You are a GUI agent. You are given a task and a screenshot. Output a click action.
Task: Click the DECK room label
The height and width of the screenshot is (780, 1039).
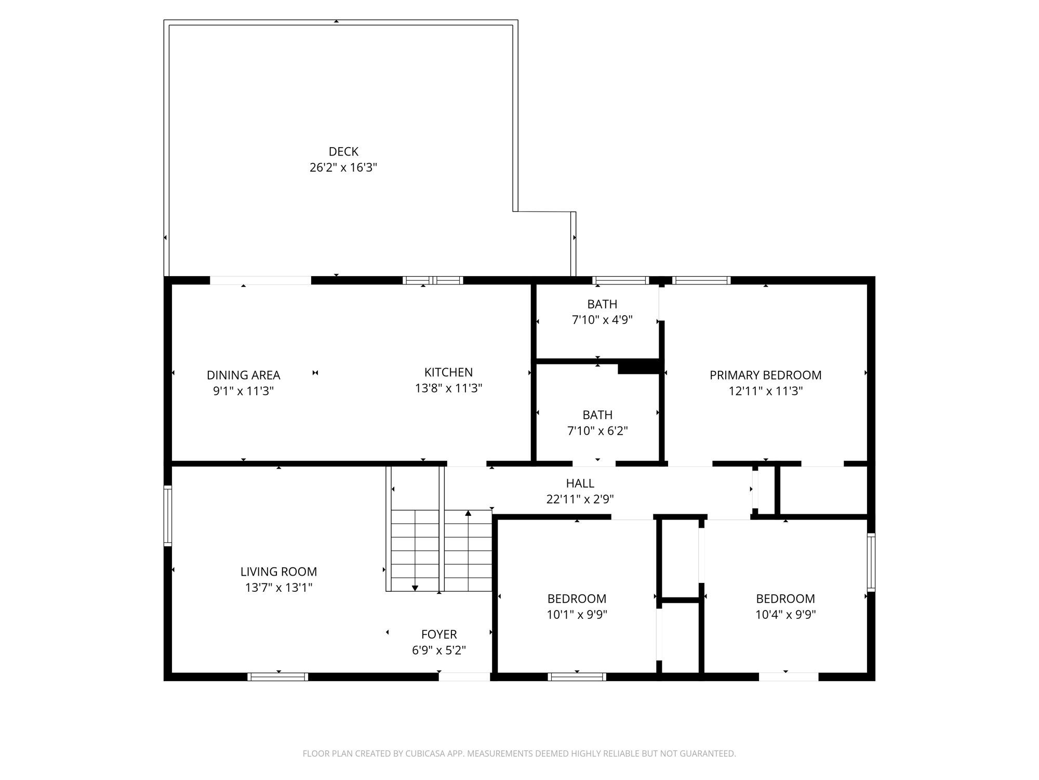pyautogui.click(x=343, y=151)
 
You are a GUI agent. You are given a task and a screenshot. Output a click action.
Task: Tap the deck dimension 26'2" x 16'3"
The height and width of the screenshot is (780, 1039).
pyautogui.click(x=343, y=167)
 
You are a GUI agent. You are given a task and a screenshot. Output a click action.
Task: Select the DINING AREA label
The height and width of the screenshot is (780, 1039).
pyautogui.click(x=243, y=375)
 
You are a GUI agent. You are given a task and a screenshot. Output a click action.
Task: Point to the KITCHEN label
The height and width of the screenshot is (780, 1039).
pyautogui.click(x=448, y=372)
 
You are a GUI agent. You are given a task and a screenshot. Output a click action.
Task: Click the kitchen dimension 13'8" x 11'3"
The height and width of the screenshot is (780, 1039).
pyautogui.click(x=448, y=388)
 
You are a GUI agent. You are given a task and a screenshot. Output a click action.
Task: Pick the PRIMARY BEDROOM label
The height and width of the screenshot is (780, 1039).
pyautogui.click(x=766, y=375)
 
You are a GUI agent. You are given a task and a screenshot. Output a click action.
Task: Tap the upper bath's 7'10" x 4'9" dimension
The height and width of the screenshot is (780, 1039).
pyautogui.click(x=602, y=320)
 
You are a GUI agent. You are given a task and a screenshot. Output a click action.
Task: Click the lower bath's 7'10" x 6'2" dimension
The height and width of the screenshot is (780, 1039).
pyautogui.click(x=597, y=431)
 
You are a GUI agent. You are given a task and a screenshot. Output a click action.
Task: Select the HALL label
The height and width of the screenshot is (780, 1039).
pyautogui.click(x=580, y=483)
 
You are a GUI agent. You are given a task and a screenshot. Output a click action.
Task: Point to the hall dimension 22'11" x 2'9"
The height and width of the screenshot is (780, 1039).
pyautogui.click(x=580, y=499)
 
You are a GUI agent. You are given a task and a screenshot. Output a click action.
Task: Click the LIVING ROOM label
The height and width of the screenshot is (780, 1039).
pyautogui.click(x=278, y=571)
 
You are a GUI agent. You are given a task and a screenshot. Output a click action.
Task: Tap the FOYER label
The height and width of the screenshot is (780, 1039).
pyautogui.click(x=439, y=634)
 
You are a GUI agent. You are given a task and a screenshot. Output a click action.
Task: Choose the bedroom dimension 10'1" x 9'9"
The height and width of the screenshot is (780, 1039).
pyautogui.click(x=577, y=615)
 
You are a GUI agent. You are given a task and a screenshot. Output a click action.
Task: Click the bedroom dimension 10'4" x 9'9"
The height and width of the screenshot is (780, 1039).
pyautogui.click(x=785, y=615)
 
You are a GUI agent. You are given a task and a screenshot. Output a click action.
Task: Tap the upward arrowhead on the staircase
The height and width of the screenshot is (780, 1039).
pyautogui.click(x=468, y=513)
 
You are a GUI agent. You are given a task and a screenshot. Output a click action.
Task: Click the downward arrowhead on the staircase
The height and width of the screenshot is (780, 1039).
pyautogui.click(x=415, y=588)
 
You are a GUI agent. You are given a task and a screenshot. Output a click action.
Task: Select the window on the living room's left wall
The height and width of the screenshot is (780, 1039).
pyautogui.click(x=168, y=516)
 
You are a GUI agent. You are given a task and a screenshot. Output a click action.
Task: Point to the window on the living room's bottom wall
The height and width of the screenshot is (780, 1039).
pyautogui.click(x=278, y=677)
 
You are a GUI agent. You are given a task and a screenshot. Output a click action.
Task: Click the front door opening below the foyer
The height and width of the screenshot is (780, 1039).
pyautogui.click(x=464, y=677)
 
